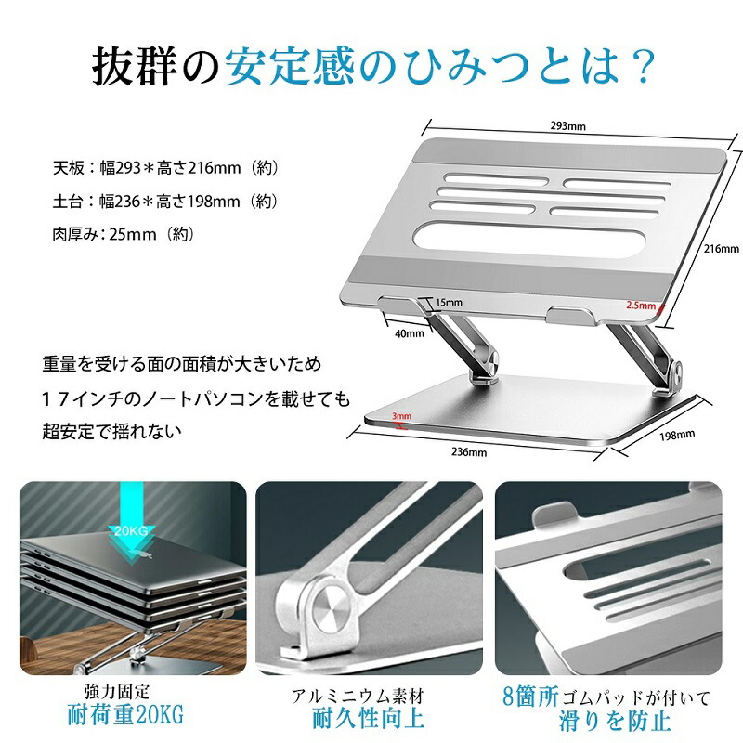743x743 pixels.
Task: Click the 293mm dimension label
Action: [567, 126]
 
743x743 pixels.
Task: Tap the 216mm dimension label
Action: [722, 248]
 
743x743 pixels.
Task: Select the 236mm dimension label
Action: [469, 452]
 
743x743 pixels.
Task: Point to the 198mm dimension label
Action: [677, 435]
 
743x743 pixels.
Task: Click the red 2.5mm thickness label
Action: [641, 306]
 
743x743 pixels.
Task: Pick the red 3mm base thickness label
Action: [401, 416]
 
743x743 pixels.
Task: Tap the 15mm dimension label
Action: [449, 303]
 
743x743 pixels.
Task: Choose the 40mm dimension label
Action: [410, 333]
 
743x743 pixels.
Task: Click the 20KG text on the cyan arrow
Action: [131, 530]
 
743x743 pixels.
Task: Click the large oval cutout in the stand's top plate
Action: [527, 240]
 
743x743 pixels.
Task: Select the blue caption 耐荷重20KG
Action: [125, 714]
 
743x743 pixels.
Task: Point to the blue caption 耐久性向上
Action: [368, 718]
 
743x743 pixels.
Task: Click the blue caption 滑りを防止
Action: [615, 721]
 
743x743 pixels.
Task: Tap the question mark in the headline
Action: [642, 66]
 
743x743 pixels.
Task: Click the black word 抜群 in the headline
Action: [134, 66]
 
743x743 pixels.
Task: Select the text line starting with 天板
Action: [166, 168]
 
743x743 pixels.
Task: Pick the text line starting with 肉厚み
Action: [124, 234]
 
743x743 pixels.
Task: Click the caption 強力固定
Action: [117, 692]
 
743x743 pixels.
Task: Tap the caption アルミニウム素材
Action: [358, 696]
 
